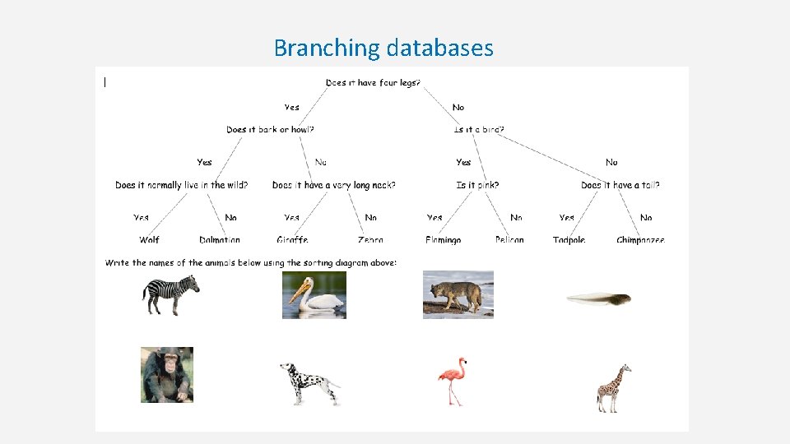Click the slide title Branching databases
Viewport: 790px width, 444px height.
[x=383, y=48]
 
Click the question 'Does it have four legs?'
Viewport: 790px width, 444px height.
[x=373, y=82]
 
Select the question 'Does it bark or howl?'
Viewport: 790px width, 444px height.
[x=270, y=129]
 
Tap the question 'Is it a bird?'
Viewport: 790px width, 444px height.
[x=479, y=129]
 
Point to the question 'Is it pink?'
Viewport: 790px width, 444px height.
[x=477, y=185]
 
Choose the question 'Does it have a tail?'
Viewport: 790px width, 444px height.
[x=620, y=185]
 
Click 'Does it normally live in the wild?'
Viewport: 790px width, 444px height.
[x=181, y=185]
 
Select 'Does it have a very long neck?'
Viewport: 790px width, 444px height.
[x=333, y=185]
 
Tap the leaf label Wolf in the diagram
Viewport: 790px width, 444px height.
[x=149, y=240]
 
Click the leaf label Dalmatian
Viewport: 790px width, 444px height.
[x=220, y=240]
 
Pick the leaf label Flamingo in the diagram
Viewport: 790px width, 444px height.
[x=443, y=240]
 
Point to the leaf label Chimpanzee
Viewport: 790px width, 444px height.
[x=640, y=240]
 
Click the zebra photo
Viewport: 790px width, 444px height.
[x=171, y=295]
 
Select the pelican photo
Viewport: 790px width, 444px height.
[x=314, y=295]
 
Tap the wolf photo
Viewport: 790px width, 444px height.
[x=458, y=294]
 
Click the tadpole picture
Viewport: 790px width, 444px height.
[x=599, y=298]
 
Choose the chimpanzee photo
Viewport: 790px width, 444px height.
[x=167, y=375]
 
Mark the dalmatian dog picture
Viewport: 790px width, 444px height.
[x=309, y=383]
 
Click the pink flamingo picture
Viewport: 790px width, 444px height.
[x=452, y=381]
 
